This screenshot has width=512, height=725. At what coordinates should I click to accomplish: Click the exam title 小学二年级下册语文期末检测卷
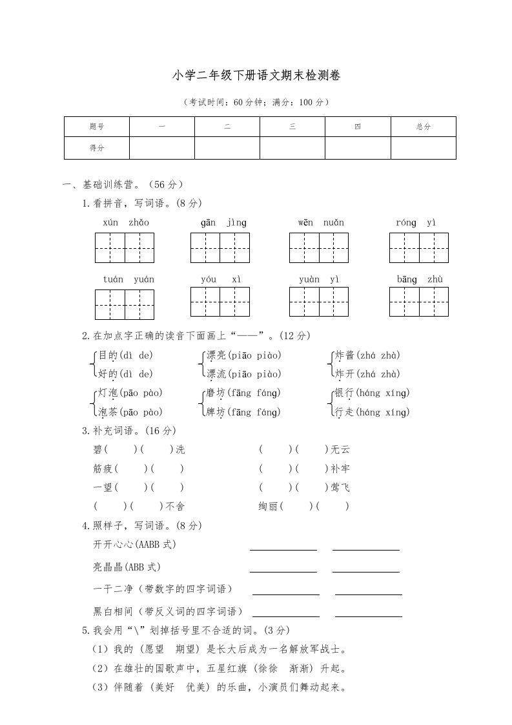(256, 76)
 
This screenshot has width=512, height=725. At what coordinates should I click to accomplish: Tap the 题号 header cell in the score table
(96, 127)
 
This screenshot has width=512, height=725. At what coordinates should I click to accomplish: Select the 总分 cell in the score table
(424, 127)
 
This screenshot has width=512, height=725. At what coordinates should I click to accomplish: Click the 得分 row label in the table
(96, 148)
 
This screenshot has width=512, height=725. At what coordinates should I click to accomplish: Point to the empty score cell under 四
(358, 148)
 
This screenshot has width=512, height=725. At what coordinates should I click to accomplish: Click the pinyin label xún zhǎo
(125, 223)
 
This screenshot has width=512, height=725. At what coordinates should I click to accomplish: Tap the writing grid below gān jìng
(220, 248)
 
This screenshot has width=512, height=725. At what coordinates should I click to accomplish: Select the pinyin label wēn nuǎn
(321, 223)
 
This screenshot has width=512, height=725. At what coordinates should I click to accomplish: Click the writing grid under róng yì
(419, 248)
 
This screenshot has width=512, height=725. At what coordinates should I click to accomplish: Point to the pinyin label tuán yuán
(125, 280)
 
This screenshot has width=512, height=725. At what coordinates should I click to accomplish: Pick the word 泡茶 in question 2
(107, 412)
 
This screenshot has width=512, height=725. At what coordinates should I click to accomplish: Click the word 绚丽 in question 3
(269, 506)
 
